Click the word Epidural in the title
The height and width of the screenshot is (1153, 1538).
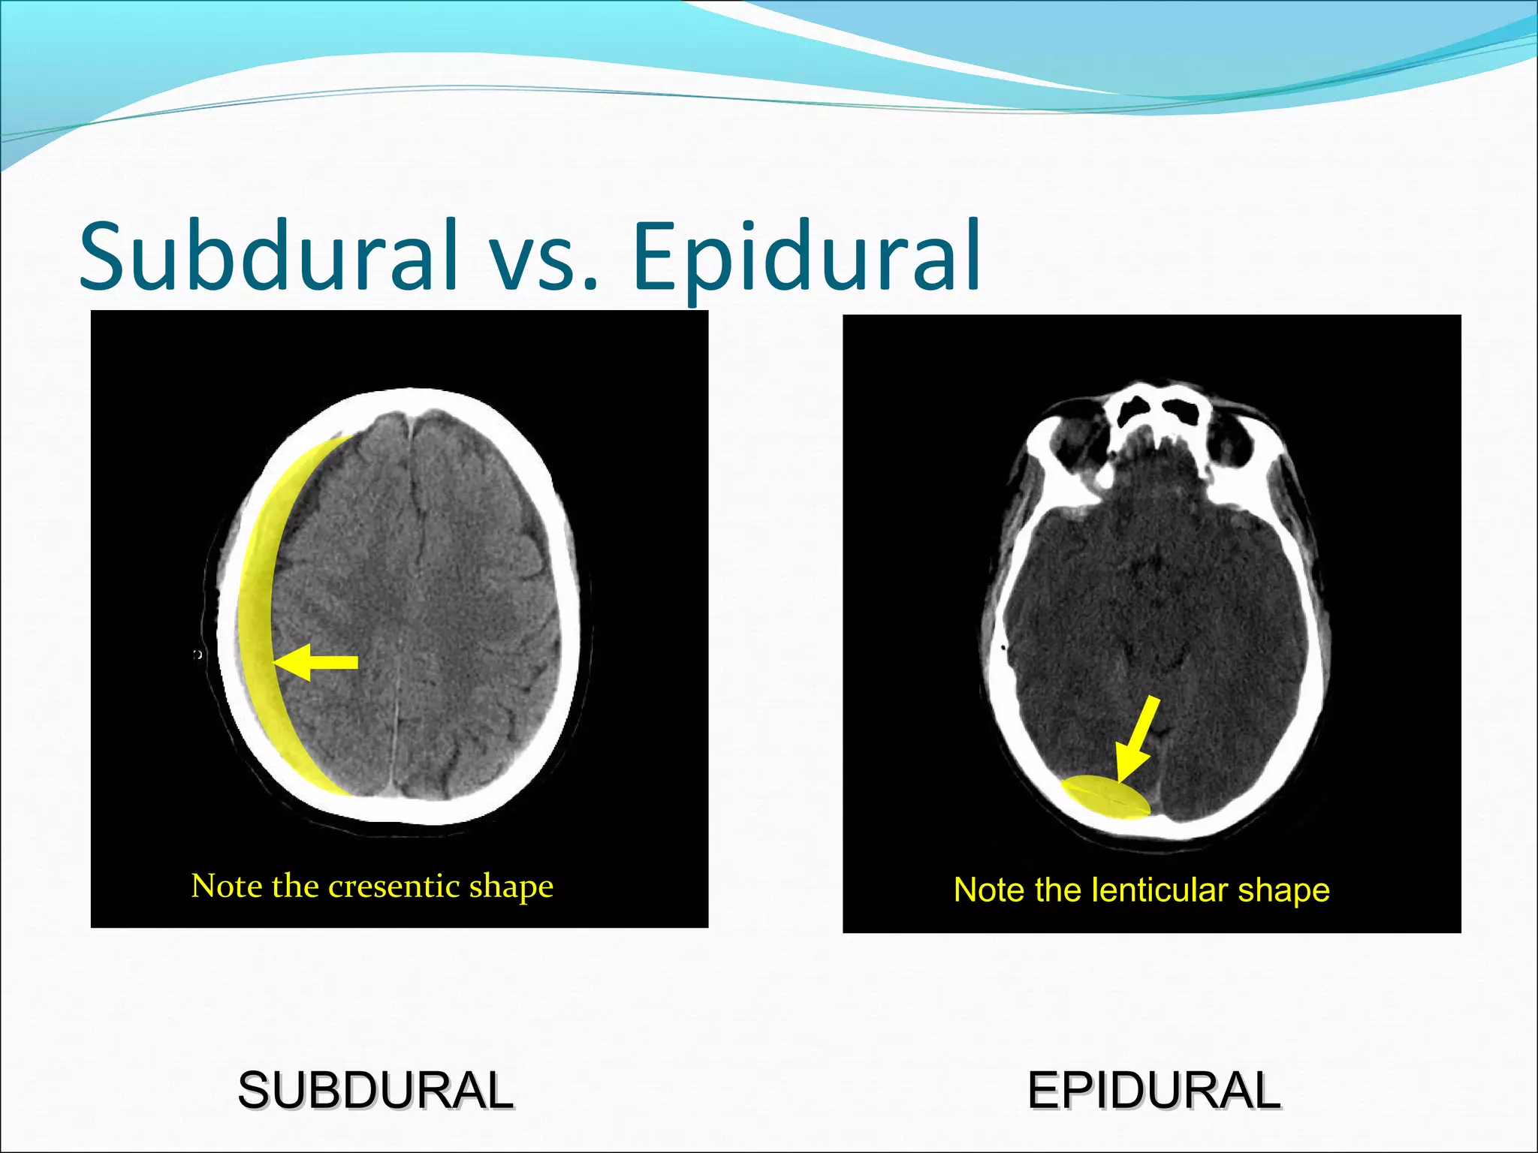(807, 257)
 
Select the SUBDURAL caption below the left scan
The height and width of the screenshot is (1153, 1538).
(375, 1091)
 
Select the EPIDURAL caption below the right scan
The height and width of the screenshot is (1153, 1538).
(1153, 1091)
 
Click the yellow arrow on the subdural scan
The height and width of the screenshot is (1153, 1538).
(315, 662)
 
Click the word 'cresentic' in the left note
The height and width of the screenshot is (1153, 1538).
(394, 887)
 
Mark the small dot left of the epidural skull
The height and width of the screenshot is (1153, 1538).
(1004, 647)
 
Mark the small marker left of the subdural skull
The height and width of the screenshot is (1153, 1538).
(198, 655)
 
